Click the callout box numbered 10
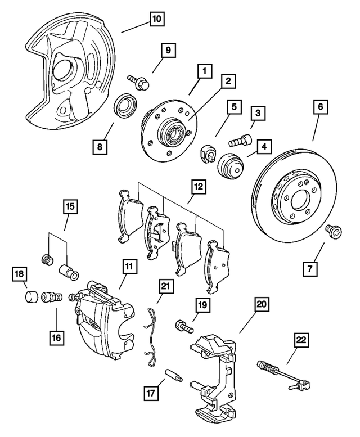(x=156, y=19)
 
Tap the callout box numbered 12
(x=198, y=185)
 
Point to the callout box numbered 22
(x=302, y=340)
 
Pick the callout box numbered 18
(x=19, y=274)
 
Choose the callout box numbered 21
(x=164, y=286)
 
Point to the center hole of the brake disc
(x=297, y=199)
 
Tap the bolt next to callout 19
(x=184, y=326)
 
